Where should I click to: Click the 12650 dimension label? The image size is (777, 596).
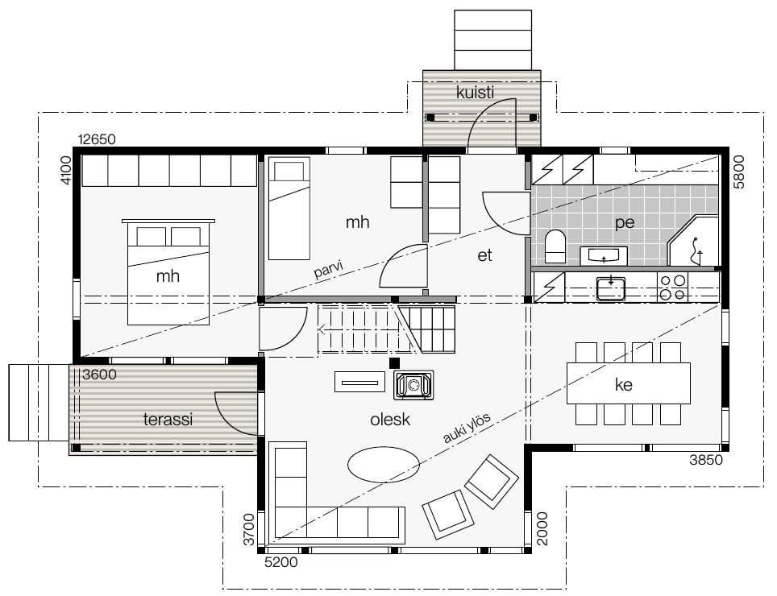pos(97,139)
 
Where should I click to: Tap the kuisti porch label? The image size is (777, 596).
pos(476,92)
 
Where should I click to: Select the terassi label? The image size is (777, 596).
pos(168,420)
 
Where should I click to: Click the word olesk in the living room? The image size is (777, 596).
pos(390,420)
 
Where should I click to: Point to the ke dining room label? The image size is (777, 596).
pos(623,385)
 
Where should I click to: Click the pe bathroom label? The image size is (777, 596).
pos(625,223)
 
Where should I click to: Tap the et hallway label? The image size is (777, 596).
pos(484,255)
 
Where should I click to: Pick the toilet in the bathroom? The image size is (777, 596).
pos(555,246)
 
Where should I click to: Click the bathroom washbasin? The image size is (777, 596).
pos(604,255)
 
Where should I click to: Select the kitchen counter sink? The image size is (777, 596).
pos(610,288)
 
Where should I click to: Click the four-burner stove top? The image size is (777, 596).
pos(672,288)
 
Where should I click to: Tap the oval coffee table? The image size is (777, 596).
pos(384,465)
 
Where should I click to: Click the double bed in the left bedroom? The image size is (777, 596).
pos(168,271)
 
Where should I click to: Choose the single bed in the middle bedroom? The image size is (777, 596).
pos(289,209)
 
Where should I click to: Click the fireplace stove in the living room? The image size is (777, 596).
pos(413,385)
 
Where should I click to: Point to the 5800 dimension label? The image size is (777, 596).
pos(738,172)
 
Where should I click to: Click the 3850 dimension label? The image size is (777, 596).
pos(706,460)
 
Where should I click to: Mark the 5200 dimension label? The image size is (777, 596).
pos(281,562)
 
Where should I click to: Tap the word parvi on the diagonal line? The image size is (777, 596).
pos(328,270)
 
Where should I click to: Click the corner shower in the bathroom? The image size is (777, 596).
pos(693,241)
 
